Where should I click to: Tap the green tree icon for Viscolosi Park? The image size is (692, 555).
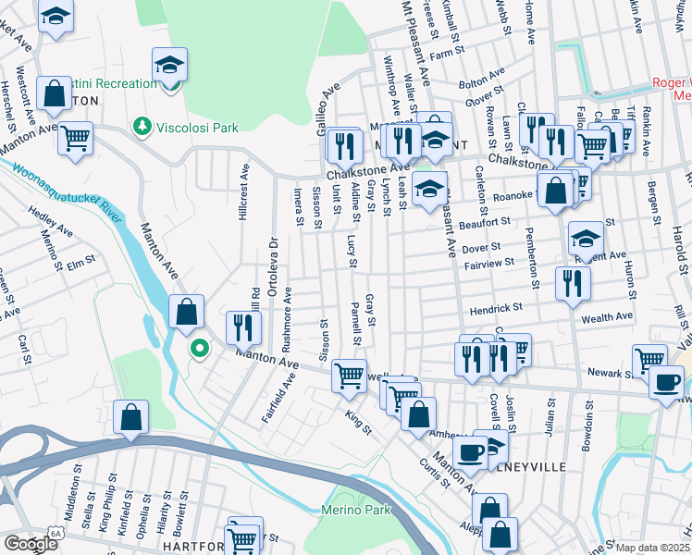142,124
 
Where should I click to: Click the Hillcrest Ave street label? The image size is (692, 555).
244,191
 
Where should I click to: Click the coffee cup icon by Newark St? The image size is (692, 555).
665,381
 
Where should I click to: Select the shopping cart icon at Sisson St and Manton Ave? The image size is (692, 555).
348,374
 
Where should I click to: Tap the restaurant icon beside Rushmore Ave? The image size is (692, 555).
244,326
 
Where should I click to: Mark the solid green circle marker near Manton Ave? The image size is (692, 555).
198,349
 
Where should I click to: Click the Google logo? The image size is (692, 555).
31,544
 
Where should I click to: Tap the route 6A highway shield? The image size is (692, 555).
56,534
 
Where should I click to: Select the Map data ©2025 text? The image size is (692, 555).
652,548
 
